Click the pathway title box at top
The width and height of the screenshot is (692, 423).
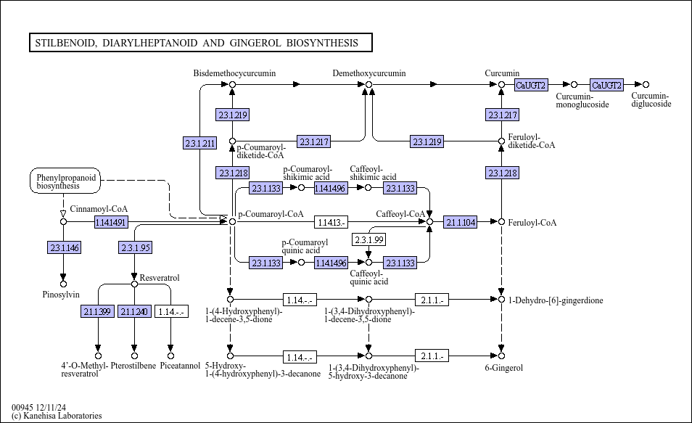coord(199,43)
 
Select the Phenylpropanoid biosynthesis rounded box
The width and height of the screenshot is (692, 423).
coord(65,181)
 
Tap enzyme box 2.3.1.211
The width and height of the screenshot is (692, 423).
coord(200,143)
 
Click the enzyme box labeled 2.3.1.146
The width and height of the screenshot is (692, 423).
coord(65,248)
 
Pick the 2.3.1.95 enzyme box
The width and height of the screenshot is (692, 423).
coord(136,248)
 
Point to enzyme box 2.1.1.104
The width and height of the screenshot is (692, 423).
coord(461,222)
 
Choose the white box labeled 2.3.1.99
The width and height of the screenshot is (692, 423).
coord(368,239)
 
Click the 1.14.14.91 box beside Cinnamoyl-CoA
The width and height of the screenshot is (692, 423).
coord(110,222)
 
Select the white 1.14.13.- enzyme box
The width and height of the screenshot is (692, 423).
coord(331,222)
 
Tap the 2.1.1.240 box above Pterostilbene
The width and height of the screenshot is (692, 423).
coord(134,312)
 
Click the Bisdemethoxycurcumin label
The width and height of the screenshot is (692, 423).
coord(234,73)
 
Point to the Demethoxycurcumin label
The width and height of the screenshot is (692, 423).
coord(369,73)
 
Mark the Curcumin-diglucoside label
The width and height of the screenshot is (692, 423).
coord(651,100)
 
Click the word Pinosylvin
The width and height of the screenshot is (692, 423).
coord(61,294)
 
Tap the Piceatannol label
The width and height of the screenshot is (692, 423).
coord(180,366)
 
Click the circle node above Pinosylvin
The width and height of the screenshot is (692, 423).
coord(63,284)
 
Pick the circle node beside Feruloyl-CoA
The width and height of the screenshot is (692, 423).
coord(501,221)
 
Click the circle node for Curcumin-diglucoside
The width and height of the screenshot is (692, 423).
coord(646,85)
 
